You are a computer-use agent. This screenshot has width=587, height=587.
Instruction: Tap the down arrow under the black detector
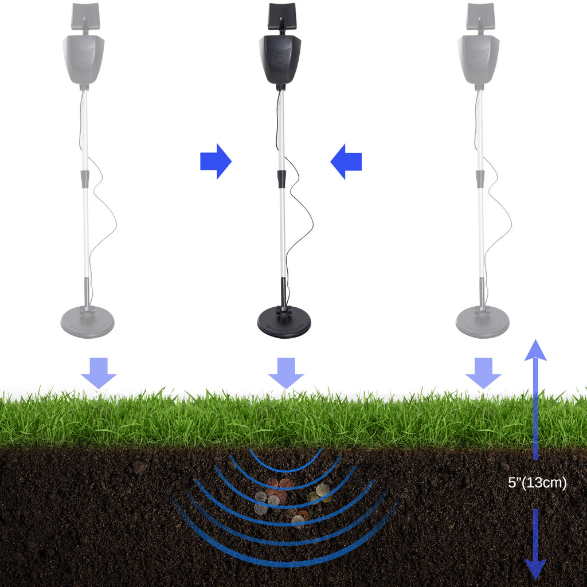click(286, 373)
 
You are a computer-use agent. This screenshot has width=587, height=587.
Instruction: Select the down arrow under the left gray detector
click(99, 373)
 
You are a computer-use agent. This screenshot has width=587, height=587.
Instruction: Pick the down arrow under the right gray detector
click(483, 373)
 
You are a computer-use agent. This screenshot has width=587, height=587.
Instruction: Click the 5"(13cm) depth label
click(537, 483)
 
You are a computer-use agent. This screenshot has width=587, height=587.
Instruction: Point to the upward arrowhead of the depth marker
click(535, 351)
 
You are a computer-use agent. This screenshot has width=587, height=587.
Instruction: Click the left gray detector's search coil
click(87, 322)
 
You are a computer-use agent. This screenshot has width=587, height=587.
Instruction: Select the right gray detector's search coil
click(482, 322)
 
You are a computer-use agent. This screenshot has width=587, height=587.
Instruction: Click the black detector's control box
click(280, 59)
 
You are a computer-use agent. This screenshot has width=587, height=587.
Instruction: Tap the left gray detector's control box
click(84, 59)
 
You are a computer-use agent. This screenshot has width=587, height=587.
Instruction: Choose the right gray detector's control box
click(478, 59)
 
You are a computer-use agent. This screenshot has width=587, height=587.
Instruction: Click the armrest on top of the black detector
click(281, 15)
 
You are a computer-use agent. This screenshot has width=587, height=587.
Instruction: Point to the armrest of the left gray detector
click(85, 15)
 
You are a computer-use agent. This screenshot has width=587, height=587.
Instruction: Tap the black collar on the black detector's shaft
click(282, 179)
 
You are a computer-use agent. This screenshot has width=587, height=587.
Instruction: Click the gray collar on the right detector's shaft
click(480, 179)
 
